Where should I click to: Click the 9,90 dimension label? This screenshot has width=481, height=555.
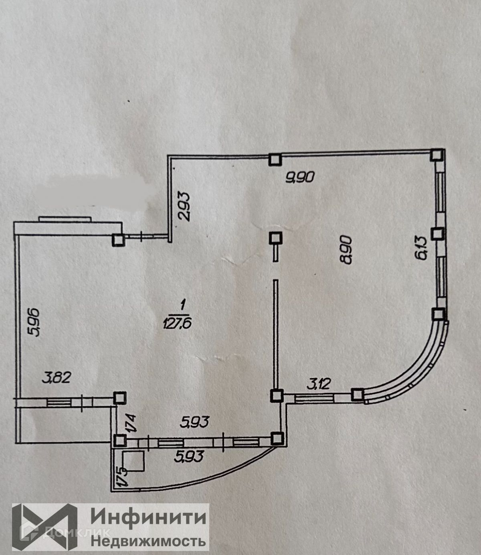pos(301,176)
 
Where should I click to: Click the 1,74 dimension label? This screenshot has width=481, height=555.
pos(132,423)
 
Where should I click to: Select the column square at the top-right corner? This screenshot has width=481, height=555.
pos(437,155)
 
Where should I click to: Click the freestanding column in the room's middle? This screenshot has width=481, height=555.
pos(275,239)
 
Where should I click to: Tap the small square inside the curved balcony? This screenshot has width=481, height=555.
pos(133,462)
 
